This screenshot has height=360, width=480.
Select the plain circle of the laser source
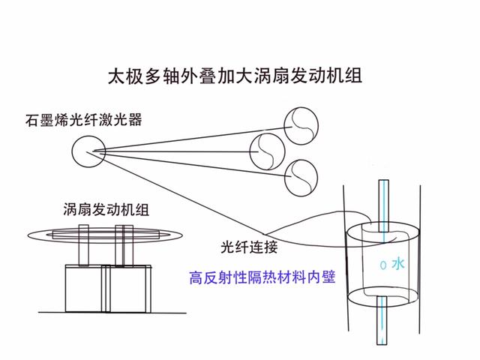point(88,153)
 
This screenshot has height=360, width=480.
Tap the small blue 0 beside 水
point(383,265)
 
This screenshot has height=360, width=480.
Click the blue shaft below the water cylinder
point(383,315)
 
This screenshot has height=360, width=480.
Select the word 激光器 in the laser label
point(125,118)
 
